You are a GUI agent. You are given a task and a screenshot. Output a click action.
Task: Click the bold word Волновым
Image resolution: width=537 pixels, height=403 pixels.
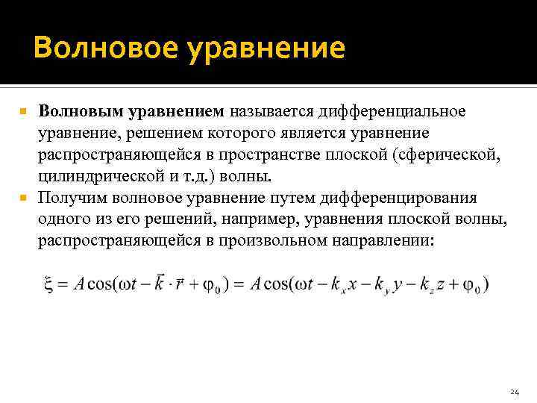click(x=82, y=112)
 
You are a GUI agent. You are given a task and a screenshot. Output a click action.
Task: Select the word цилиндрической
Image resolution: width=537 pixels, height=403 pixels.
click(x=101, y=177)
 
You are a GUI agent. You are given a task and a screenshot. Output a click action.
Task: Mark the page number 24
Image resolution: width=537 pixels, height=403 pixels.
click(x=513, y=391)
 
